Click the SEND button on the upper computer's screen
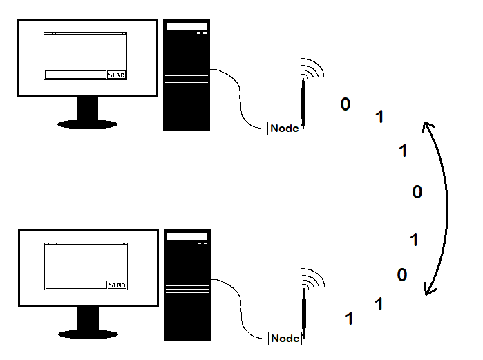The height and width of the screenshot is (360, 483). coord(117,75)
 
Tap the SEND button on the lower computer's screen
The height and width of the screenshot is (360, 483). coord(117,285)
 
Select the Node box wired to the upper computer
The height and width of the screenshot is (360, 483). coord(285,129)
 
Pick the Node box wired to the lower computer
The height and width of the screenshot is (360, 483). coord(285,339)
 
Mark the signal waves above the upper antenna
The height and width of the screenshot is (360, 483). coord(313,68)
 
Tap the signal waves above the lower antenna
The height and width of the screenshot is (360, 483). coord(313,278)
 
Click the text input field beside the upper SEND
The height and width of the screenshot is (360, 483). coord(75,75)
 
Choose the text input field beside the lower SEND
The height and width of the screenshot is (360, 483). coord(75,285)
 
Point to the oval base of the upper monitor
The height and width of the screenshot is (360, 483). coord(87,124)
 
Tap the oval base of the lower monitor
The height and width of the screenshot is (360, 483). coord(87,334)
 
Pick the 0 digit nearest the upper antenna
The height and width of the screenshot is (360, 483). coord(345,104)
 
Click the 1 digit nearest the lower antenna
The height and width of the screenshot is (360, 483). coord(349,319)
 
